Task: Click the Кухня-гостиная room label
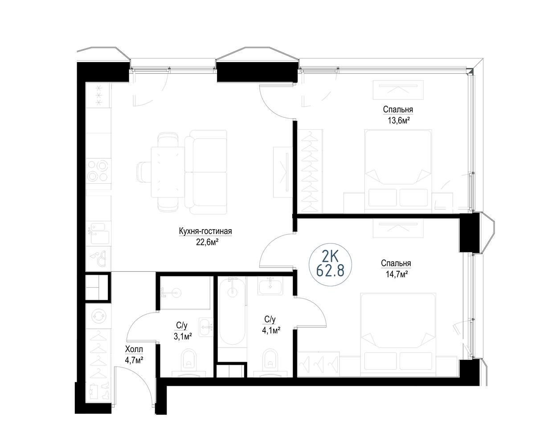pos(205,231)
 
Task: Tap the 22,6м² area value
pos(207,243)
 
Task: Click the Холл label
pos(134,349)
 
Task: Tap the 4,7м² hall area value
pos(134,360)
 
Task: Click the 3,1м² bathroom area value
pos(183,337)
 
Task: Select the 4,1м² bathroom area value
pos(271,330)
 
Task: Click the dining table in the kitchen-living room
pos(167,172)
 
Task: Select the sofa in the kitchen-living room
pos(206,172)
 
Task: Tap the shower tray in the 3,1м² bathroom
pos(185,293)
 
